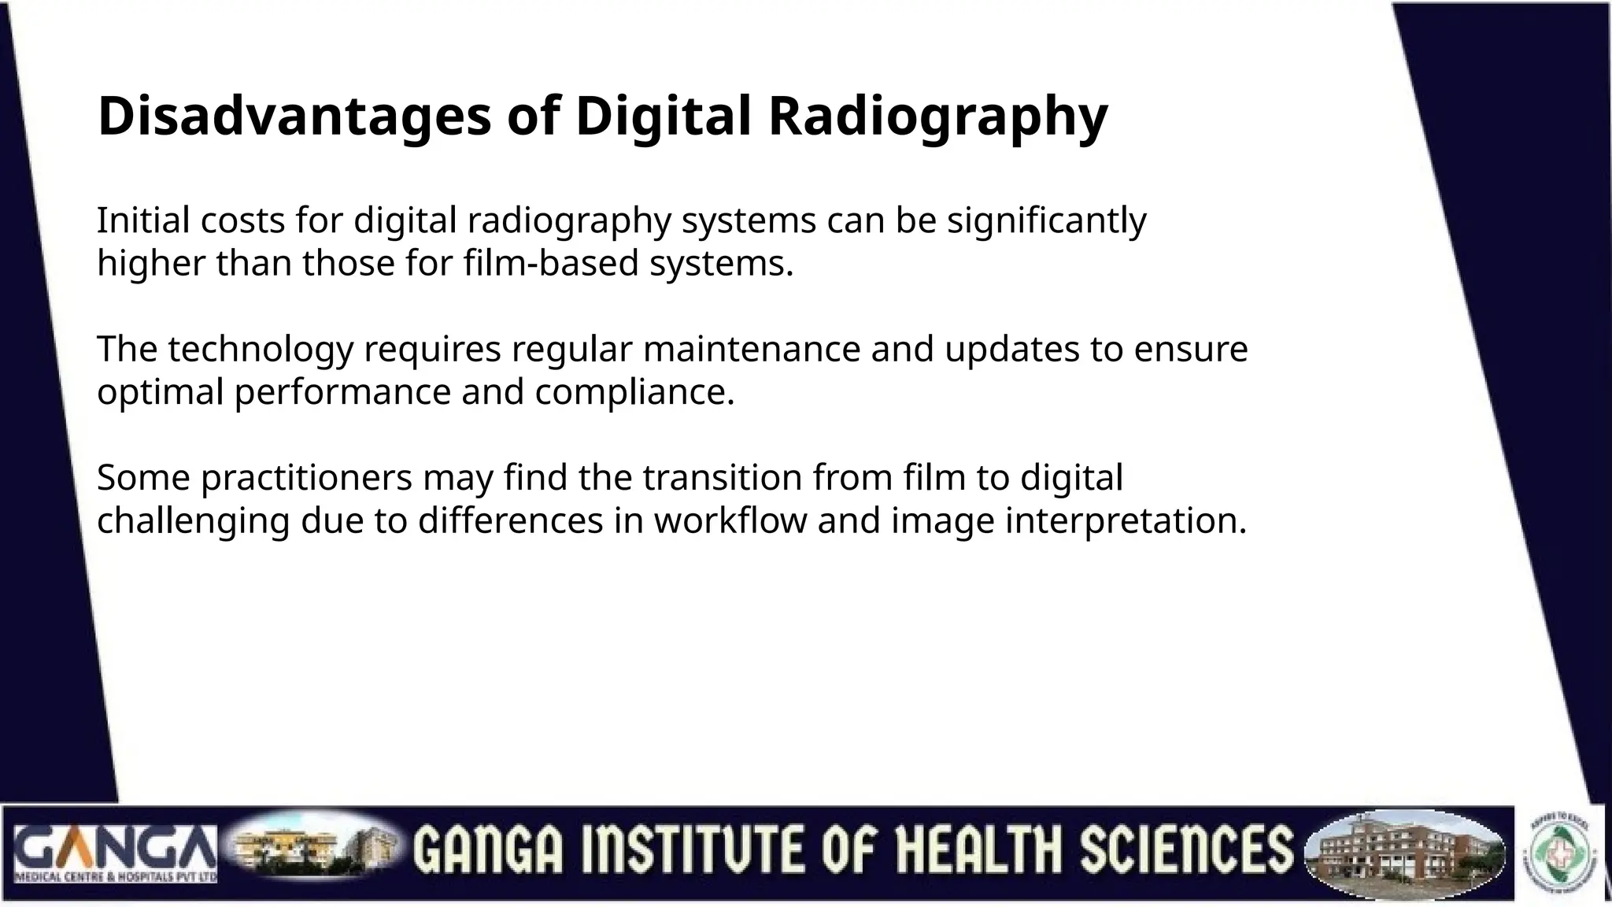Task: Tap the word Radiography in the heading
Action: tap(937, 116)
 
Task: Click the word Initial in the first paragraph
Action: tap(142, 220)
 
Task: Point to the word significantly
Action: tap(1046, 220)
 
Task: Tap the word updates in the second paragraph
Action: tap(1011, 349)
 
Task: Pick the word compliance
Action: tap(634, 392)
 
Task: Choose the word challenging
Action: tap(193, 520)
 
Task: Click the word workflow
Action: tap(730, 520)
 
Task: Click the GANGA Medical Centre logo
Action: tap(115, 853)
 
